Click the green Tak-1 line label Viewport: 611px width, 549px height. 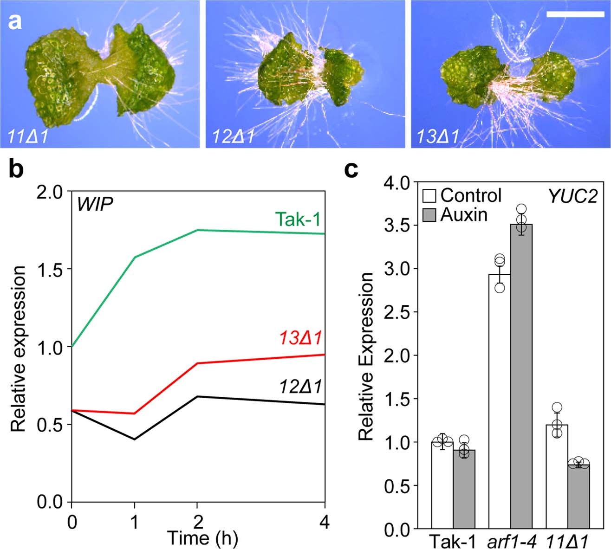[298, 219]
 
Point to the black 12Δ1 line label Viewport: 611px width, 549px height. [301, 386]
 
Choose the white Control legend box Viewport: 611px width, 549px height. [429, 196]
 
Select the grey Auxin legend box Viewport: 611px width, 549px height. [429, 215]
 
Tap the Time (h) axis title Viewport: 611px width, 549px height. [202, 538]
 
